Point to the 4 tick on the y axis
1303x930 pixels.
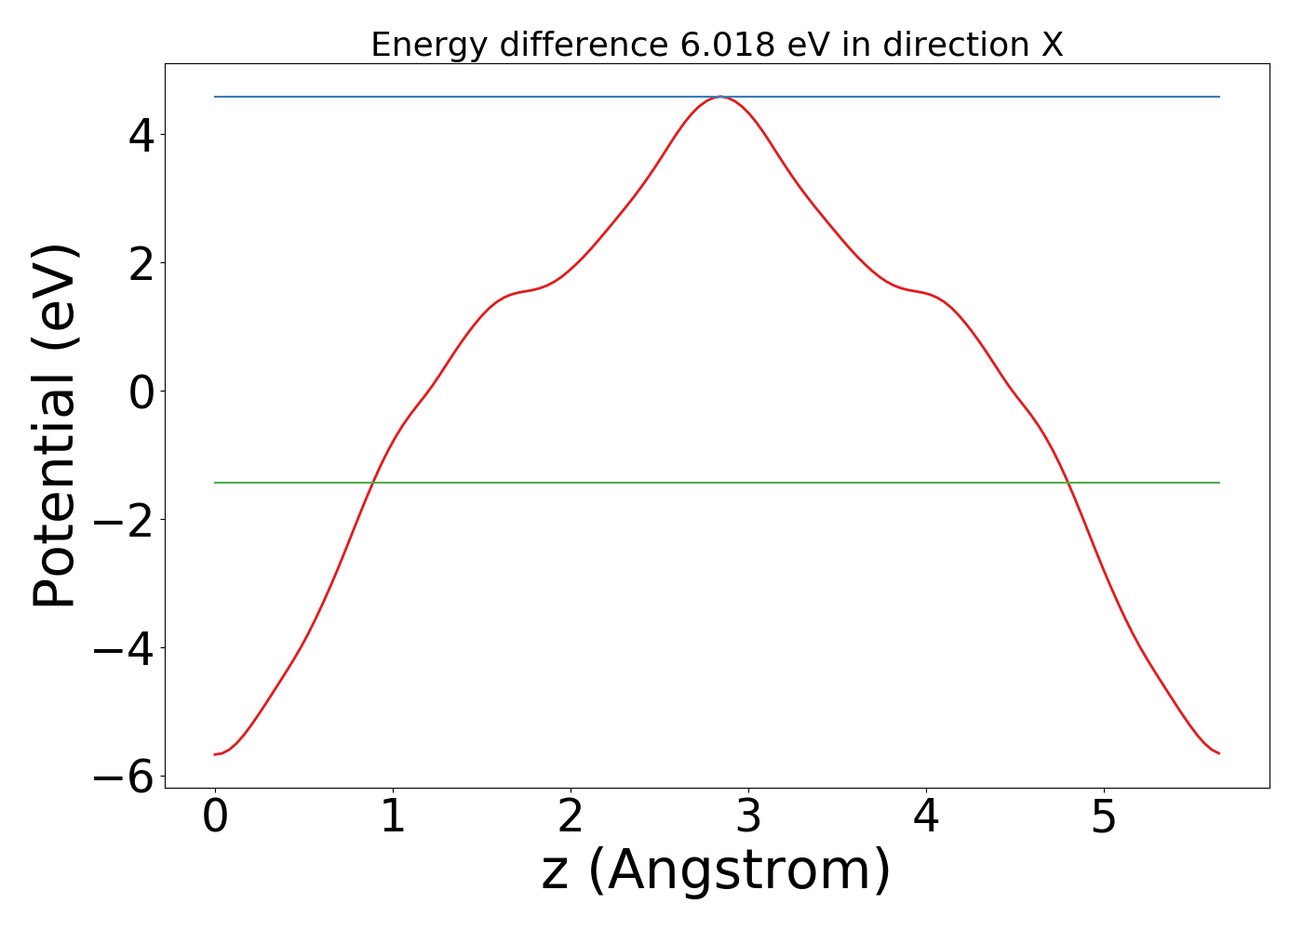pos(141,136)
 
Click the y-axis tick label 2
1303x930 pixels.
pos(141,264)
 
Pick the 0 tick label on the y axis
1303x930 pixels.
pos(141,392)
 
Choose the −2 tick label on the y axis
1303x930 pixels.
pos(125,521)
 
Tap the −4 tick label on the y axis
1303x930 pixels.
pos(125,649)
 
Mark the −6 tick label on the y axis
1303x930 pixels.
pos(125,777)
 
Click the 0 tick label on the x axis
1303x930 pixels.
pos(215,818)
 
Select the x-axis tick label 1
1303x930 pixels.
pos(393,818)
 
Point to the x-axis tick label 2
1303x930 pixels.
pos(571,818)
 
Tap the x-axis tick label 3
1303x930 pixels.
pos(748,818)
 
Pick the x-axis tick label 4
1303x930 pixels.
pos(926,818)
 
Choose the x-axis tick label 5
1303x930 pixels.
pos(1104,818)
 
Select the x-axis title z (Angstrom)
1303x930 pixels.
pos(717,872)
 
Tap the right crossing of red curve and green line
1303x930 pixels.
pos(1068,483)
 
